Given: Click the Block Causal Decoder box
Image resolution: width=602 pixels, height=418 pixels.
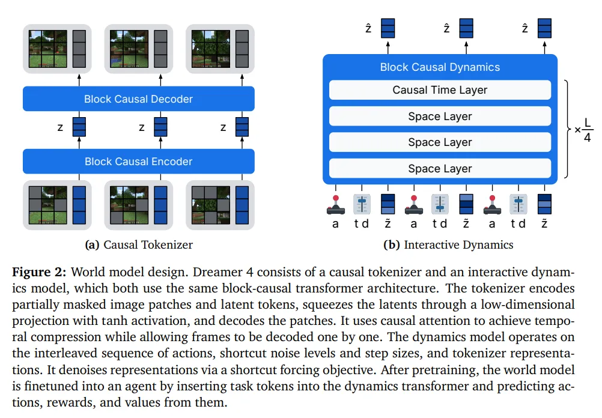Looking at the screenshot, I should tap(138, 99).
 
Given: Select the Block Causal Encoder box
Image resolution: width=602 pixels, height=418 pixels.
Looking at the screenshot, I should tap(138, 162).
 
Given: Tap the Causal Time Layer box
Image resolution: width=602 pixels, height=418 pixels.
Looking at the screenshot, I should tap(440, 90).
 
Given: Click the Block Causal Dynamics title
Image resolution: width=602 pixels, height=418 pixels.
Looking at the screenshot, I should tap(440, 67).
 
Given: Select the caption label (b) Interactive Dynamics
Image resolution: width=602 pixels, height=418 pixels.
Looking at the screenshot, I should tap(448, 244).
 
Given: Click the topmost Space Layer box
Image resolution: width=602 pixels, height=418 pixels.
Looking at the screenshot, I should tap(440, 117).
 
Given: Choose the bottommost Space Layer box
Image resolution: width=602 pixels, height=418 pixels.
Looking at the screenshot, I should tap(440, 169).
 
